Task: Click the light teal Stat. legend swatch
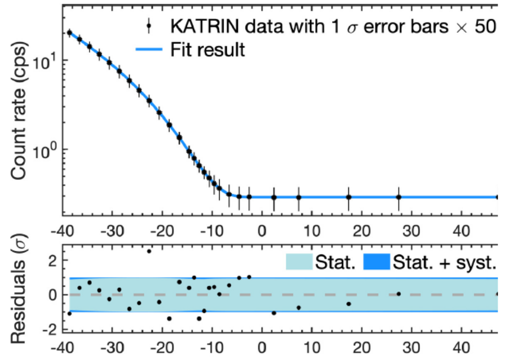pyautogui.click(x=304, y=262)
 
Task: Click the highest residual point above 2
pyautogui.click(x=149, y=251)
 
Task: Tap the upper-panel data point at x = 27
pyautogui.click(x=399, y=197)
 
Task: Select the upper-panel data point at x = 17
pyautogui.click(x=348, y=197)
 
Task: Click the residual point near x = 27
pyautogui.click(x=399, y=294)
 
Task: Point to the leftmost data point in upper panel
pyautogui.click(x=69, y=33)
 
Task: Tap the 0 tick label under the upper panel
pyautogui.click(x=262, y=232)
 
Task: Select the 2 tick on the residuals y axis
pyautogui.click(x=54, y=260)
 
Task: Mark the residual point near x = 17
pyautogui.click(x=348, y=304)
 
